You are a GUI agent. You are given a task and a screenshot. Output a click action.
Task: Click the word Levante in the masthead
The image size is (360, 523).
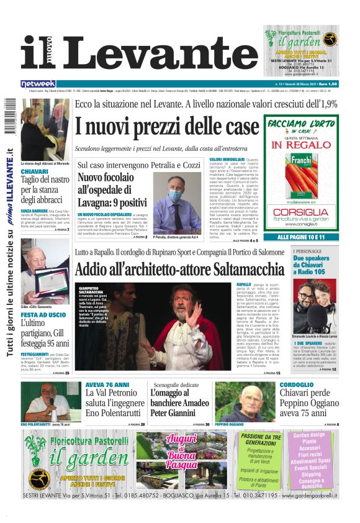coord(158,53)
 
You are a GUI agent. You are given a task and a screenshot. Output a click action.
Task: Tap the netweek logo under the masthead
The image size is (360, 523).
coord(38,83)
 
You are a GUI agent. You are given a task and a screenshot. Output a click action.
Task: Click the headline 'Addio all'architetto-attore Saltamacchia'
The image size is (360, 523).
coord(179,270)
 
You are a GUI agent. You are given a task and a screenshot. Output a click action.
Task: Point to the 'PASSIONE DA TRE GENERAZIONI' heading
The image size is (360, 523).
coord(261,440)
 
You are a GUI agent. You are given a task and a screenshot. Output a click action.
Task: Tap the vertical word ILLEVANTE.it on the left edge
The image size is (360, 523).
coord(11,168)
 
